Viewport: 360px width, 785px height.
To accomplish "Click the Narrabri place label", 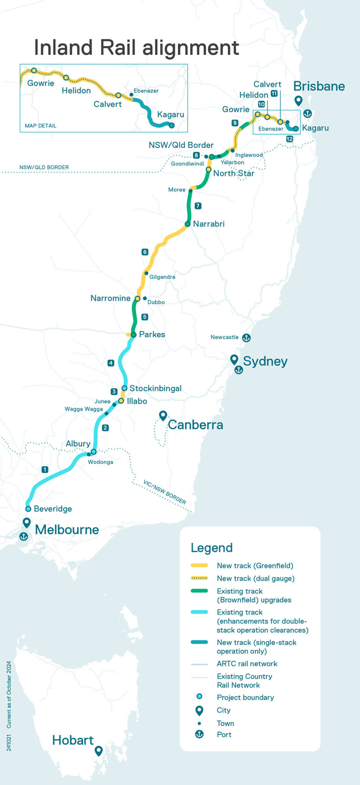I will [x=209, y=224].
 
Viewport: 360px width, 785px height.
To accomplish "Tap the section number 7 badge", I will [x=198, y=206].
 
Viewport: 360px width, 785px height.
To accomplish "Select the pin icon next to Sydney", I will [x=234, y=359].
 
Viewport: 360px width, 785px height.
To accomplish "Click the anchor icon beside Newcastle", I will [x=247, y=338].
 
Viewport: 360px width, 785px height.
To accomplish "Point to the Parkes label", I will [x=152, y=335].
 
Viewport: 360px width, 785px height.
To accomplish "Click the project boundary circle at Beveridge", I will [x=28, y=509].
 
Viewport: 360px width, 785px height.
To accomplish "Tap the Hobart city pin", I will [x=99, y=751].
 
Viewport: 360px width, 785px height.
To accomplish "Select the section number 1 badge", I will [x=45, y=470].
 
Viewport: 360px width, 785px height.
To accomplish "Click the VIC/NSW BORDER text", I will [x=165, y=492].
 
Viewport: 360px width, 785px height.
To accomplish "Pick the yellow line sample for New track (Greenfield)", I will [x=199, y=565].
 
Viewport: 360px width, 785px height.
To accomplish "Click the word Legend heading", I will [x=212, y=548].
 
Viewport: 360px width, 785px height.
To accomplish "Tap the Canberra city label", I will [x=196, y=425].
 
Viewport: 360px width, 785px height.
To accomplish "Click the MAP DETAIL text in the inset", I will [x=41, y=126].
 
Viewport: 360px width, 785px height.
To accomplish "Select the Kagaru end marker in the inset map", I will [x=172, y=125].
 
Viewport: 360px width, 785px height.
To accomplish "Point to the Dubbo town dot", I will [x=145, y=298].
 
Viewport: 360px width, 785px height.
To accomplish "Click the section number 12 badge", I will [x=289, y=139].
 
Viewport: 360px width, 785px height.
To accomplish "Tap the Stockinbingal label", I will [x=155, y=388].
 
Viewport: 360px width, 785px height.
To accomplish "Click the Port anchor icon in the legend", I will [x=199, y=734].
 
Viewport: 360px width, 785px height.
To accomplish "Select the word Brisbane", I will [x=319, y=86].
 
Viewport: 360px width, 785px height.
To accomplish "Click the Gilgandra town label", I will [x=162, y=277].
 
